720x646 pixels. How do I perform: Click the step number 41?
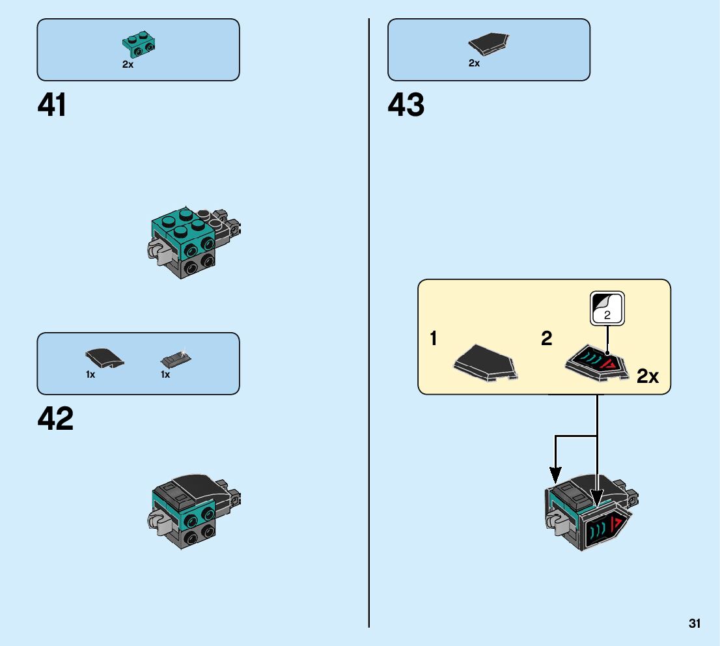click(x=52, y=105)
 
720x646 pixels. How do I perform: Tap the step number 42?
click(x=55, y=419)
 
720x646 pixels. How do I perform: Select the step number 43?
click(x=406, y=105)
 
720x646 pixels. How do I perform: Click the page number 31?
click(x=695, y=624)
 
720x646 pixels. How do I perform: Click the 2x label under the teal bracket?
click(x=128, y=64)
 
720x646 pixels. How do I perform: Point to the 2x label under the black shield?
click(x=474, y=63)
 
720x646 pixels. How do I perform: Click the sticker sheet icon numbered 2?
click(x=607, y=307)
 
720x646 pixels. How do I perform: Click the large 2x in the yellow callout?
click(x=648, y=376)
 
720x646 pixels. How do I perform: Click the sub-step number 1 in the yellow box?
click(x=433, y=339)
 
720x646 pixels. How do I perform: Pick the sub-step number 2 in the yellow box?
click(x=546, y=338)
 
